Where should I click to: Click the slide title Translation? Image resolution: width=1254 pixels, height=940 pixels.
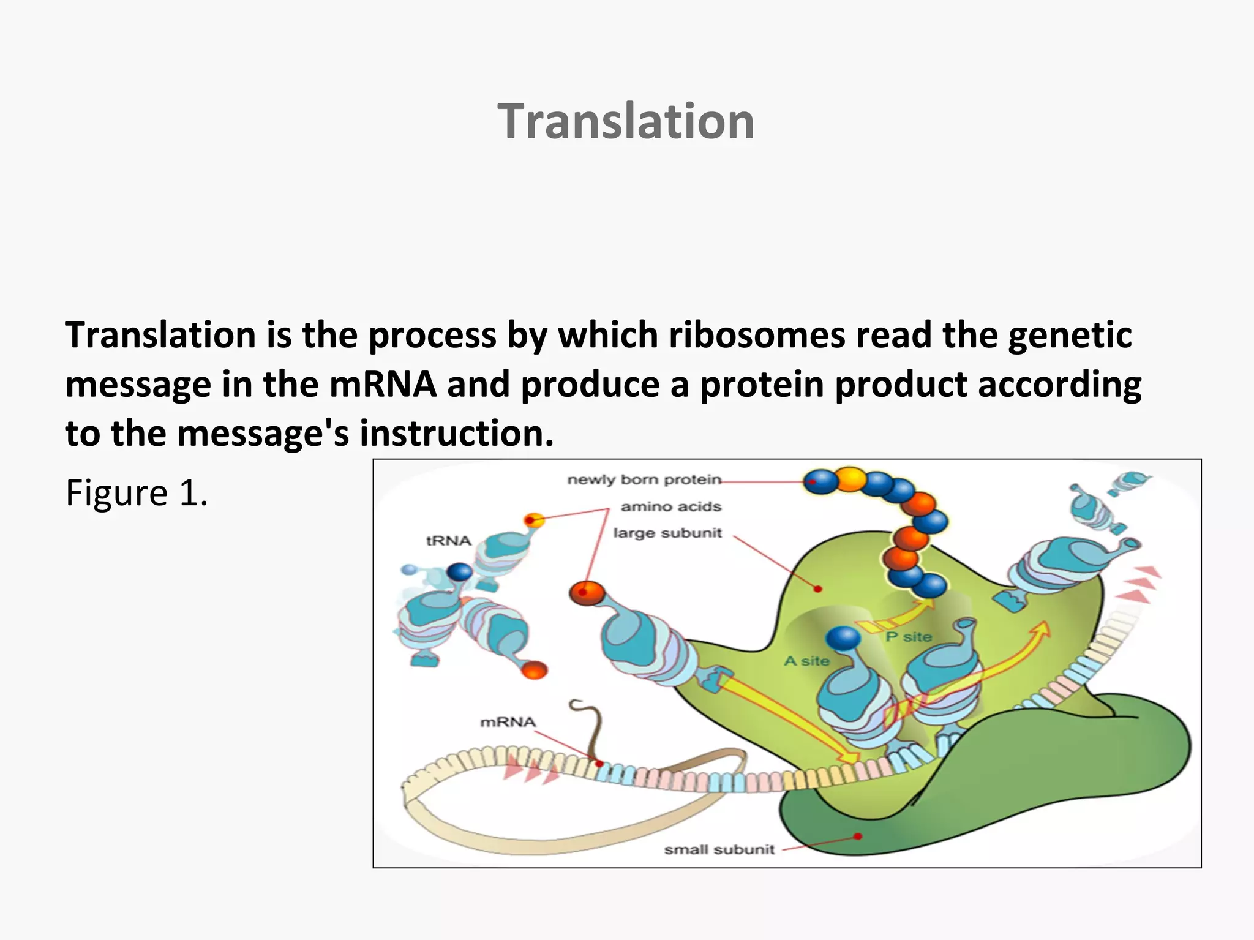(x=626, y=121)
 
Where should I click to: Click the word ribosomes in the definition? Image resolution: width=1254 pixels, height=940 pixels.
(x=756, y=336)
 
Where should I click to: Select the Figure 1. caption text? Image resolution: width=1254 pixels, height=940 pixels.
(x=137, y=493)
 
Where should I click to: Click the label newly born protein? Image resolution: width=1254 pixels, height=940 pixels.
(x=644, y=479)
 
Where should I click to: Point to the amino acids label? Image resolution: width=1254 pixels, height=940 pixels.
(x=670, y=506)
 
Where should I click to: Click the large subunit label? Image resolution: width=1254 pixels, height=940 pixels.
(x=667, y=533)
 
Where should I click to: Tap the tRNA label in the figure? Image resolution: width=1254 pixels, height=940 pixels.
(x=448, y=541)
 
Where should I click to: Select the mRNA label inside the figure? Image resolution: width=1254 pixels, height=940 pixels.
(x=508, y=722)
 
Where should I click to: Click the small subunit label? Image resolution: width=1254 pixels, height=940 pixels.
(x=719, y=849)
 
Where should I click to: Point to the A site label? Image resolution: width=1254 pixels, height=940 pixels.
(x=806, y=661)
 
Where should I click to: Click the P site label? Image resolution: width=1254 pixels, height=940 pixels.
(x=909, y=637)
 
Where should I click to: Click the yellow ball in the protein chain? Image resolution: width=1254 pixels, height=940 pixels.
(x=851, y=479)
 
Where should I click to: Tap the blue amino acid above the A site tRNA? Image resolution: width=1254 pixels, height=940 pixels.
(x=843, y=638)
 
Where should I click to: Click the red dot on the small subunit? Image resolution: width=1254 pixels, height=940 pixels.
(x=858, y=836)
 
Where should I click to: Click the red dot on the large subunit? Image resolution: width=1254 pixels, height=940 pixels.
(x=817, y=589)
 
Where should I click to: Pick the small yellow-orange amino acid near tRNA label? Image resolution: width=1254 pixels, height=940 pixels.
(x=534, y=521)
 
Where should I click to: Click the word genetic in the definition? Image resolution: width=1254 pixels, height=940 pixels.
(x=1070, y=336)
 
